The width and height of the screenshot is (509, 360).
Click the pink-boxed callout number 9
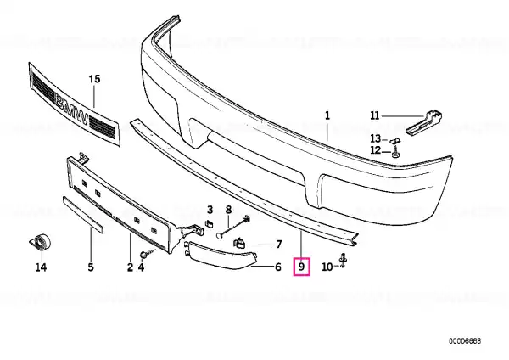click(301, 267)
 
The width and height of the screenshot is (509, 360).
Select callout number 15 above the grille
click(94, 79)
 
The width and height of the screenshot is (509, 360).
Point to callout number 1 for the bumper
click(327, 115)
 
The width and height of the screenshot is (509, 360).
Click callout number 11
click(375, 115)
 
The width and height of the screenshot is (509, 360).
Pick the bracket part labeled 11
click(424, 122)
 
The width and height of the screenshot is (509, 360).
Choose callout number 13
click(376, 138)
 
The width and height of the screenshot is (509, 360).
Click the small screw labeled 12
click(395, 151)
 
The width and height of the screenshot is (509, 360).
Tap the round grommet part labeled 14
click(41, 242)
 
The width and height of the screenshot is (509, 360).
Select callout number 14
click(41, 267)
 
